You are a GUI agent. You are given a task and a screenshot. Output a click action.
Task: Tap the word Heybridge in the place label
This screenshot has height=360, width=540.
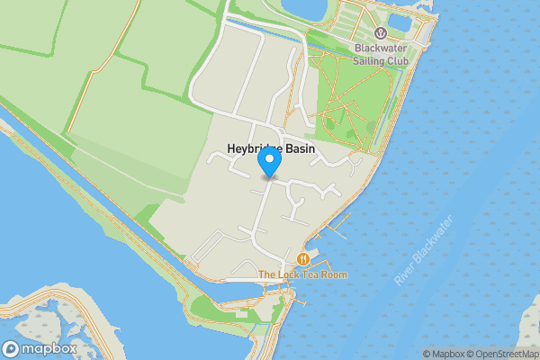pos(253,148)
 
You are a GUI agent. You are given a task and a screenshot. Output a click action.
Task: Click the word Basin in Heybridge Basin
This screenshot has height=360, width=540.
pos(300,148)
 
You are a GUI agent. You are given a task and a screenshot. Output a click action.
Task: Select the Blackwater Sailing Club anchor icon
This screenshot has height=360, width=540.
pos(380,32)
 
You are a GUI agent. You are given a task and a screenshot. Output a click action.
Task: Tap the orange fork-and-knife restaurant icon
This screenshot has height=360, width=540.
pos(303,259)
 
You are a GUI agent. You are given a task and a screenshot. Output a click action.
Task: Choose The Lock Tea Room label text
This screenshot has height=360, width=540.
pos(301,274)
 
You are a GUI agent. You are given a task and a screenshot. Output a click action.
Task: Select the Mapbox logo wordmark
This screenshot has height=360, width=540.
pos(49,348)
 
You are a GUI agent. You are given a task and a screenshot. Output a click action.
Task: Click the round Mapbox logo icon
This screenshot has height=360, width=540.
pos(12,348)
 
